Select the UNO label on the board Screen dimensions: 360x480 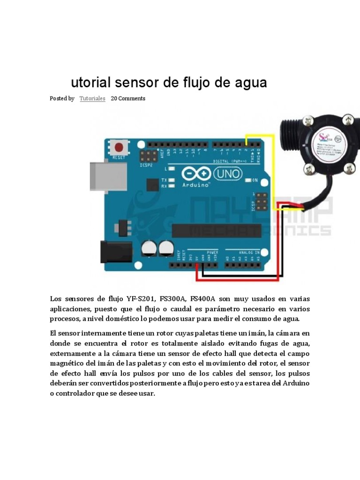228,174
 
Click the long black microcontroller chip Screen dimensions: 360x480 216,231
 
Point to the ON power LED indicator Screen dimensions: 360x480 255,180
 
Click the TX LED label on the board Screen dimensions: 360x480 164,180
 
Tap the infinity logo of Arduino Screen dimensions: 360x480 196,174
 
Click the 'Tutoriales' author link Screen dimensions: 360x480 92,98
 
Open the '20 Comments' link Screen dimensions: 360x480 128,98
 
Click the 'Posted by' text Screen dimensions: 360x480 62,98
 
